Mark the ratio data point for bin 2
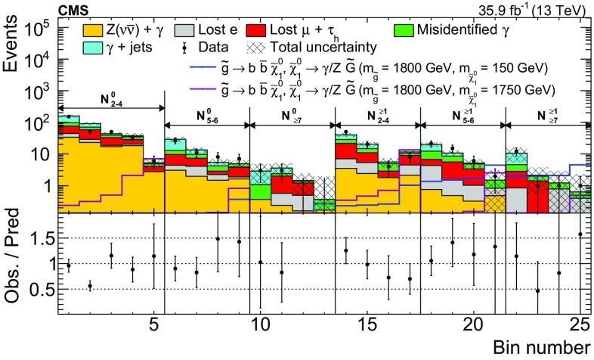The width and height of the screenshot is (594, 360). [x=90, y=286]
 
